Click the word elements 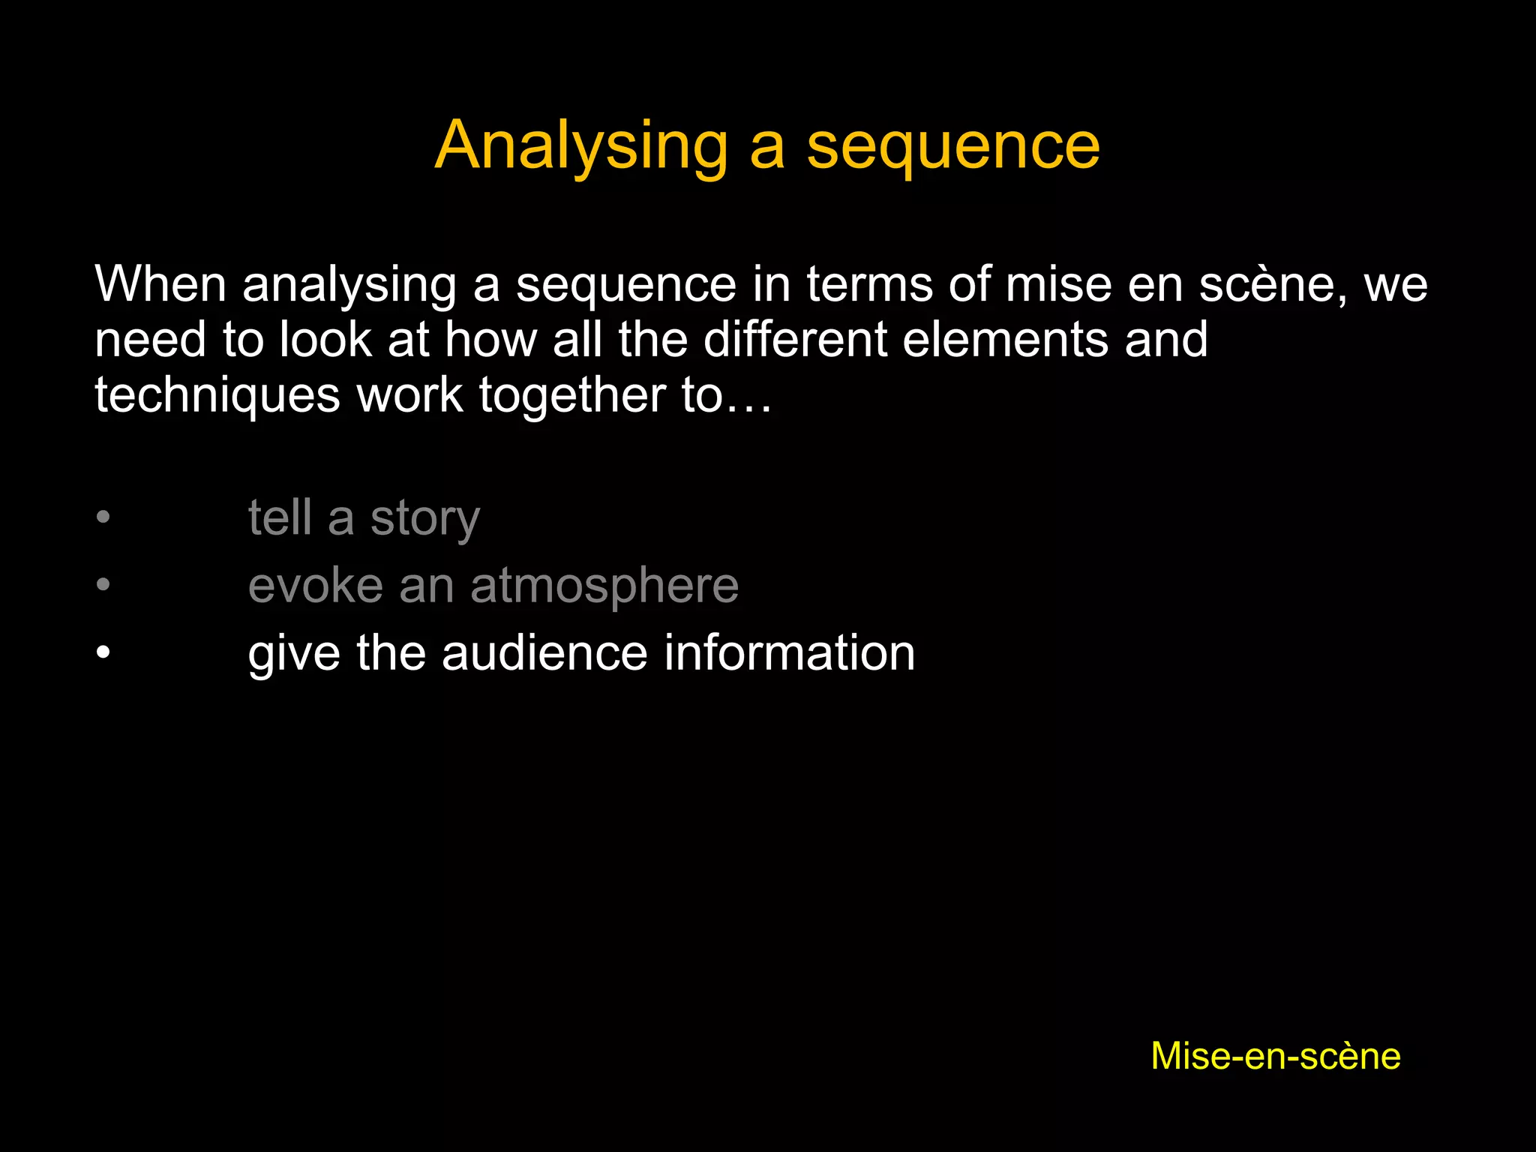click(x=1005, y=340)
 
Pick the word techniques click(x=217, y=395)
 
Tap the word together click(x=572, y=395)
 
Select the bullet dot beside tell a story click(x=103, y=517)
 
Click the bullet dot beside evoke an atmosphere click(x=103, y=584)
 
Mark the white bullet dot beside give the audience click(x=103, y=652)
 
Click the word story click(x=424, y=518)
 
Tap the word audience click(x=544, y=652)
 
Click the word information click(x=790, y=652)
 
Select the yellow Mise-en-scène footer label click(x=1276, y=1056)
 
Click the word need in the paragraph click(x=150, y=340)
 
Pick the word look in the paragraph click(x=325, y=340)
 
